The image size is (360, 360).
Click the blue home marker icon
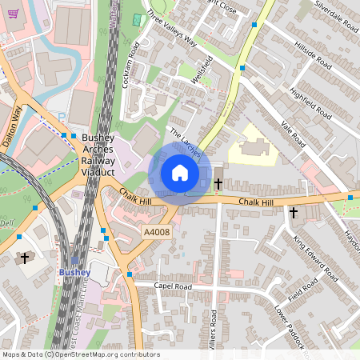(x=180, y=173)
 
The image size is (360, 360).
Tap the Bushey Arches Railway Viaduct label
(x=98, y=155)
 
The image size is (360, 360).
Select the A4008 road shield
(x=156, y=231)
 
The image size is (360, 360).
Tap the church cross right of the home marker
(x=218, y=184)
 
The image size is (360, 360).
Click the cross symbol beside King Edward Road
(x=294, y=213)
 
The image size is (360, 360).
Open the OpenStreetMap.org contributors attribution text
(x=104, y=354)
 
